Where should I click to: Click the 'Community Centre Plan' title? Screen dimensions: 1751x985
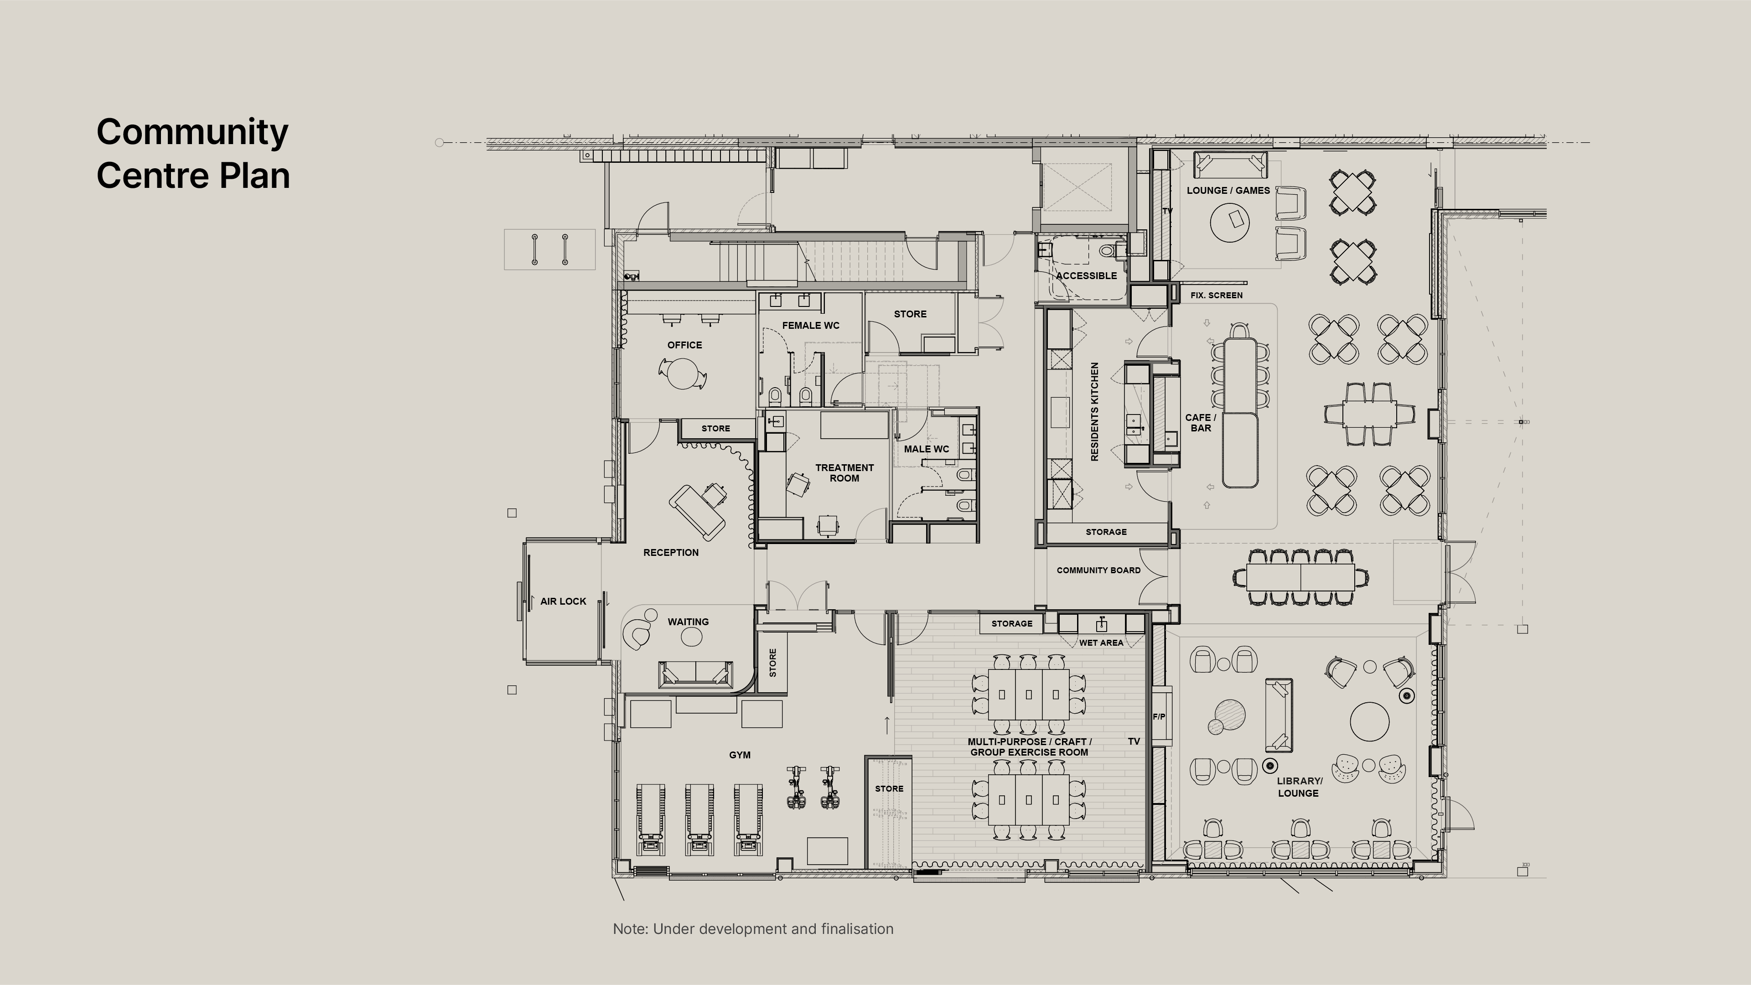(193, 154)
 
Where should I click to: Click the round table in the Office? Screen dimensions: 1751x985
(682, 373)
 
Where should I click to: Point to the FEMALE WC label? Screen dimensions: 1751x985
(810, 326)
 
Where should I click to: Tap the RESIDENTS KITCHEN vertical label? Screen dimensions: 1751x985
(1094, 412)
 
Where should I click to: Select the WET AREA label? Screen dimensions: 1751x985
(1101, 643)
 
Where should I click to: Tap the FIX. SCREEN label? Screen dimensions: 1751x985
(1216, 295)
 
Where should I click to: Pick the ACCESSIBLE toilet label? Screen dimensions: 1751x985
(1086, 276)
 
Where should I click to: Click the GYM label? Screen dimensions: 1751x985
(740, 755)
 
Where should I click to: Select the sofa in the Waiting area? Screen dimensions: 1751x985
(695, 674)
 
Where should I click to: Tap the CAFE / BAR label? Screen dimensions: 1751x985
(1201, 423)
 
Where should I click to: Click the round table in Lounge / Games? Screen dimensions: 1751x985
(1230, 222)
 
